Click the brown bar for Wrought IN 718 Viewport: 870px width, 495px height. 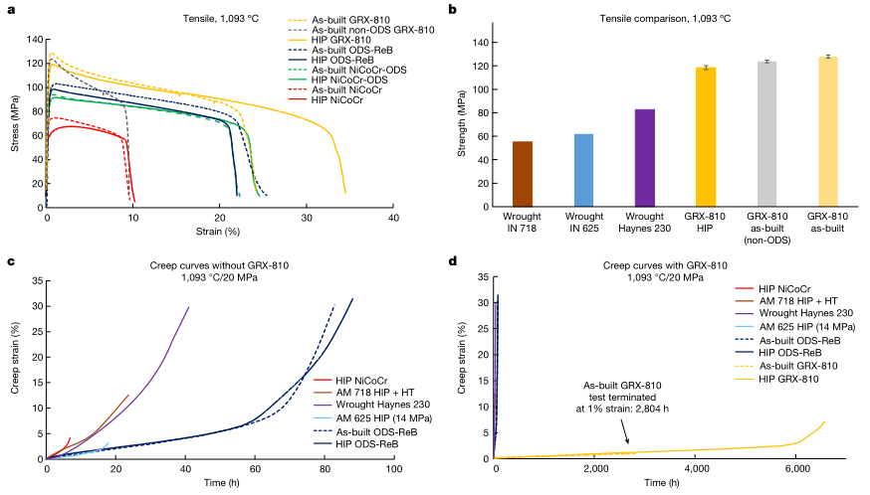pos(523,174)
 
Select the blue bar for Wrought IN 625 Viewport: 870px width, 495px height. pos(583,170)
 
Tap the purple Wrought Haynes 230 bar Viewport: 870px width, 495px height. pos(644,158)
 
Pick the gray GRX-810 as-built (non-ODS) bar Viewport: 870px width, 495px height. pos(765,134)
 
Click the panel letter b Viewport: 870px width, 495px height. pos(454,10)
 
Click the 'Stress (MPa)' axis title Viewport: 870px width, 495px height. pos(14,123)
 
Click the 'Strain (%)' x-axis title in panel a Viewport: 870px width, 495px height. pos(220,231)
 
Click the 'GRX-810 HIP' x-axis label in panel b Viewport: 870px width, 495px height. pos(705,222)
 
